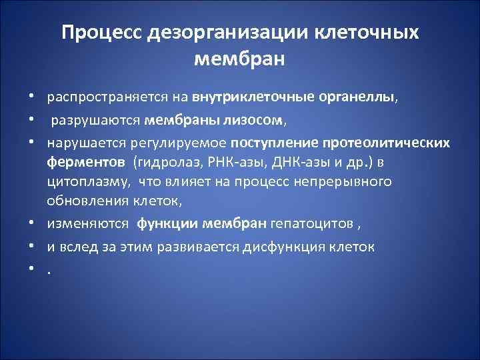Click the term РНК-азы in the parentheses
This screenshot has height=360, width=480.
pos(222,162)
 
